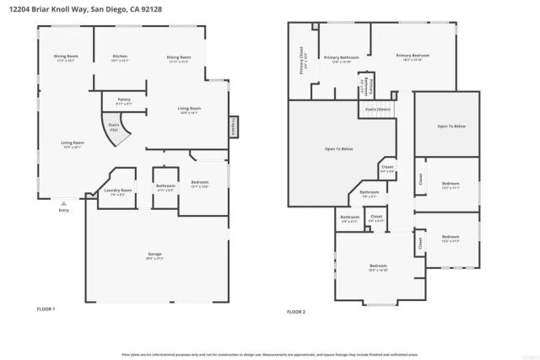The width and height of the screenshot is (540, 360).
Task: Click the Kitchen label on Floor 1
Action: pos(120,56)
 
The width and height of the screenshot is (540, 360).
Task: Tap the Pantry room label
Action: pos(123,99)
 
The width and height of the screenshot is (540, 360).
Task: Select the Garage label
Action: pos(154,254)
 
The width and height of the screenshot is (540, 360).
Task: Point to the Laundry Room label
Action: pos(118,191)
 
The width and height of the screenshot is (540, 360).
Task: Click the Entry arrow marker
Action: pos(63,203)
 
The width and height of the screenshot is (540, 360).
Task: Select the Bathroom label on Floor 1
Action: pos(165,185)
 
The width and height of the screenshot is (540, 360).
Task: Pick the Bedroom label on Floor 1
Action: pos(200,182)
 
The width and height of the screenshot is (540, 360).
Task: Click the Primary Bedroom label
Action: pos(414,56)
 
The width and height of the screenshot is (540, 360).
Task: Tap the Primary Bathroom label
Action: pos(345,57)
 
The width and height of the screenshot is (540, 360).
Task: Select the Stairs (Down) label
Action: pos(377,110)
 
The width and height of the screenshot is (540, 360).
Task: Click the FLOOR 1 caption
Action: pos(46,309)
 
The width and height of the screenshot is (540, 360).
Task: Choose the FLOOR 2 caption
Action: pos(295,312)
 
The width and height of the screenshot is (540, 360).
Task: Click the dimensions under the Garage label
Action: pos(154,259)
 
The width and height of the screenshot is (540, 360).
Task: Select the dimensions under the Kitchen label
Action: pos(120,62)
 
